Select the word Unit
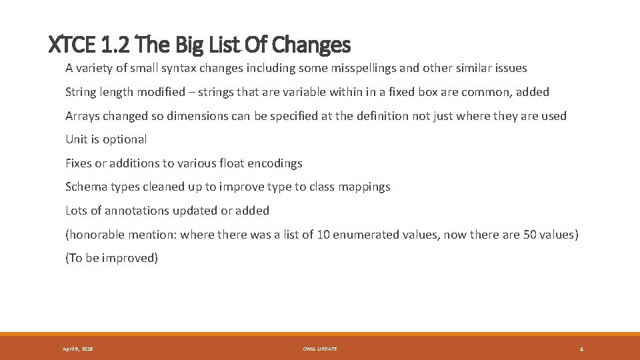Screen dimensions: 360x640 [x=77, y=139]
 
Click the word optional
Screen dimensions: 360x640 [x=125, y=139]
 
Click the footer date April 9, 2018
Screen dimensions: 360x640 [x=77, y=349]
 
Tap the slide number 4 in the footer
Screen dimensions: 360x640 [x=581, y=349]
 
